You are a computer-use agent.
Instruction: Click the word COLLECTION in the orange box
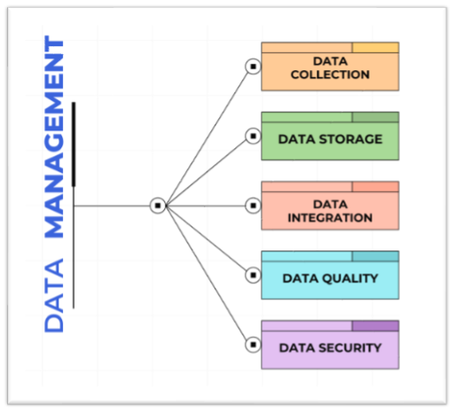tap(330, 75)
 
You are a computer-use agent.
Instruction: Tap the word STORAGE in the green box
tap(351, 139)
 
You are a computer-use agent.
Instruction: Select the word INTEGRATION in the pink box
tap(330, 218)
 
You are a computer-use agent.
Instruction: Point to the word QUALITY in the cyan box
tap(350, 279)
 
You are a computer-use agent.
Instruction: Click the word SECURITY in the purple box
tap(351, 348)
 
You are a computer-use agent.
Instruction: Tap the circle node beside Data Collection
tap(253, 67)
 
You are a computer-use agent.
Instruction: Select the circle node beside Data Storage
tap(253, 136)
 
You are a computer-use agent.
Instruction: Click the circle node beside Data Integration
tap(253, 206)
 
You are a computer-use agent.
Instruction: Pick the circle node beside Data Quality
tap(253, 275)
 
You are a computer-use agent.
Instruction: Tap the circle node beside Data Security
tap(253, 345)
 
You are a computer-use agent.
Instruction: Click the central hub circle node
tap(158, 205)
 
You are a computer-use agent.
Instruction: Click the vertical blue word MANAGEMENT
tap(54, 137)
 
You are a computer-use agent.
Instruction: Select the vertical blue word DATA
tap(54, 296)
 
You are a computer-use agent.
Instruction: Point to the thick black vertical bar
tap(74, 145)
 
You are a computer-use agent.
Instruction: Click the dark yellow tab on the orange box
tap(375, 48)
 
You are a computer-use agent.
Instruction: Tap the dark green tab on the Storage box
tap(375, 117)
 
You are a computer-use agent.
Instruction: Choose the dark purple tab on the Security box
tap(375, 326)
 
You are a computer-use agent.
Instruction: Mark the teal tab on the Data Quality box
tap(375, 257)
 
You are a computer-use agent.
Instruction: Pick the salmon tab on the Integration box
tap(375, 186)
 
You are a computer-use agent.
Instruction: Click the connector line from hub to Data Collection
tap(207, 139)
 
